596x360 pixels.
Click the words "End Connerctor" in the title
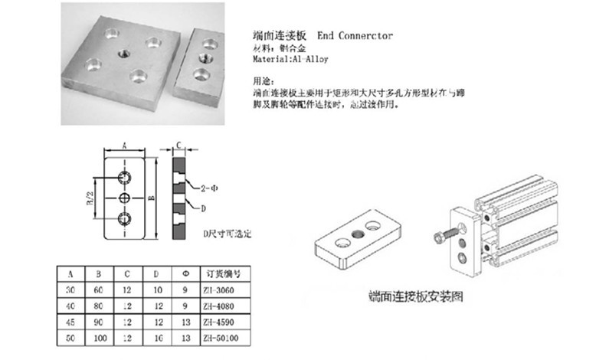tap(355, 36)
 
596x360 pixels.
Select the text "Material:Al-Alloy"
tap(286, 58)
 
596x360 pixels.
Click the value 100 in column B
tap(99, 336)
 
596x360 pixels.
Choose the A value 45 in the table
tap(70, 321)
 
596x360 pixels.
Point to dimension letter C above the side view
tap(178, 144)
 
